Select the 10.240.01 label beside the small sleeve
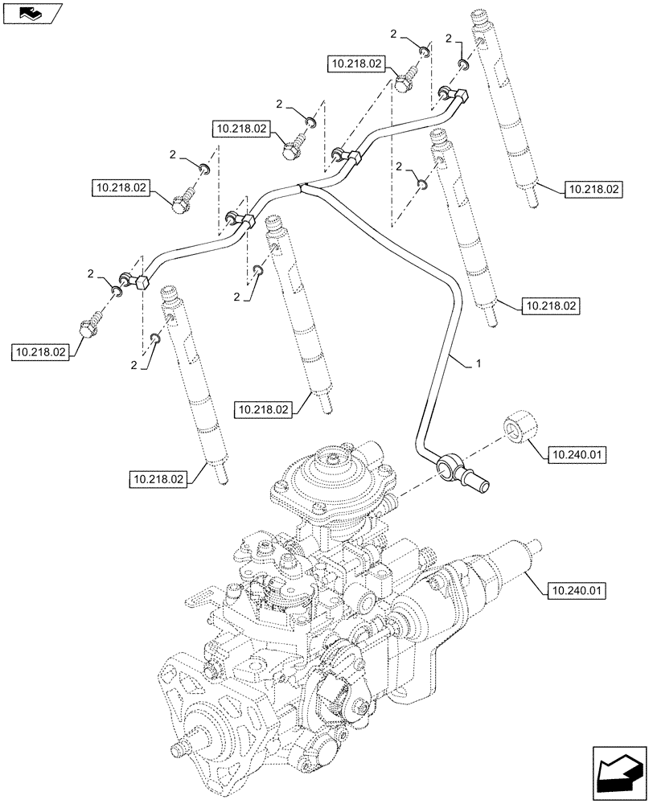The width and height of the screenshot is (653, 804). (x=578, y=456)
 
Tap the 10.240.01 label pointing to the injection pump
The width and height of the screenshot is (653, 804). (x=578, y=593)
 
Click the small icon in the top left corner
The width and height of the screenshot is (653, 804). (x=31, y=12)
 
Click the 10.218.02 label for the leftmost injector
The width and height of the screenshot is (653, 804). (x=158, y=480)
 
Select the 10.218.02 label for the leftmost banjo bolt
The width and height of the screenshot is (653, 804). (x=40, y=352)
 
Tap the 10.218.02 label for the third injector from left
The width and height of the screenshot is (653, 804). (x=551, y=306)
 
